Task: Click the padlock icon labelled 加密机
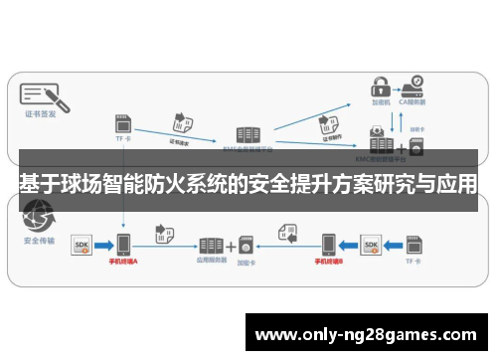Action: (378, 84)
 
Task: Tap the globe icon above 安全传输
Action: (39, 213)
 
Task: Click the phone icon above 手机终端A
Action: (122, 245)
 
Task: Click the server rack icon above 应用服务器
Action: (210, 245)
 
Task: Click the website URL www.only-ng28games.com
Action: (366, 333)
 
